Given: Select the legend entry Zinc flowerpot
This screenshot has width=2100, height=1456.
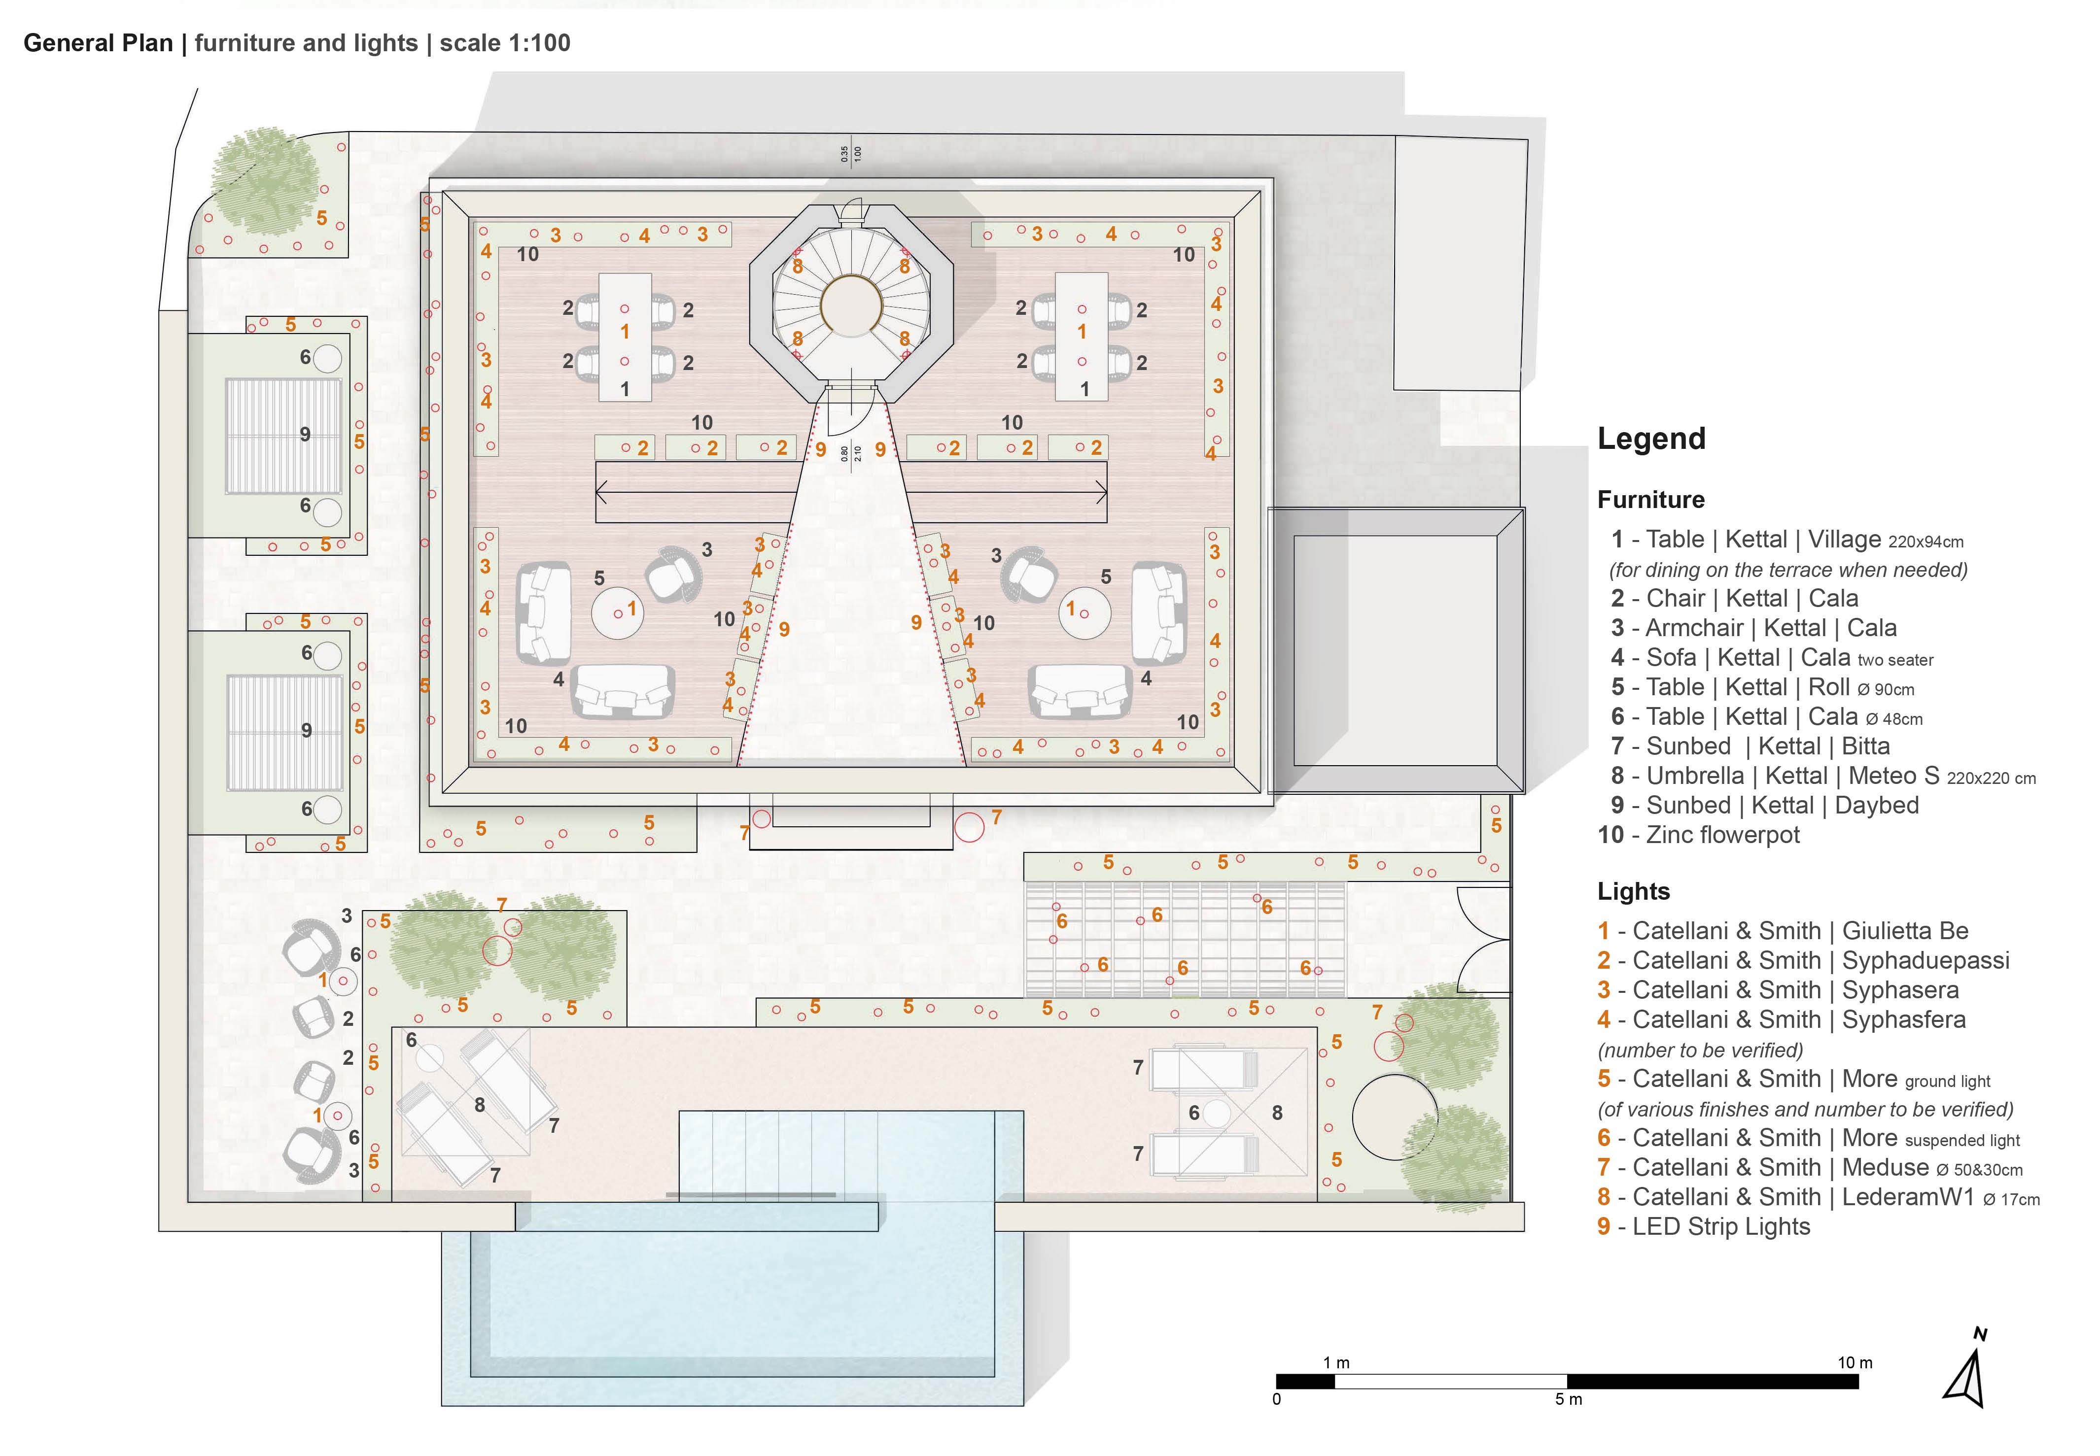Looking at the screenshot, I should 1698,835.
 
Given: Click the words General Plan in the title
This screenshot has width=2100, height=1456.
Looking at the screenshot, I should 98,43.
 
